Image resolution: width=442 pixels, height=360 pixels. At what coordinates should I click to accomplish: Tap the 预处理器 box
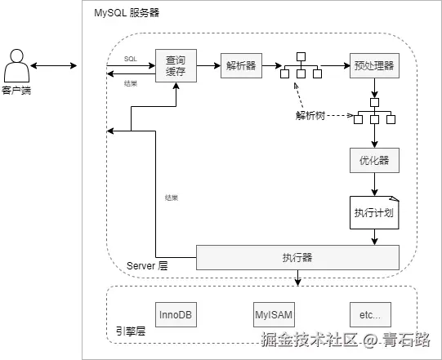(374, 65)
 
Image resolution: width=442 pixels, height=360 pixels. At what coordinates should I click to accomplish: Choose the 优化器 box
(374, 160)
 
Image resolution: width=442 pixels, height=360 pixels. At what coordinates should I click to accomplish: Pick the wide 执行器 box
(297, 257)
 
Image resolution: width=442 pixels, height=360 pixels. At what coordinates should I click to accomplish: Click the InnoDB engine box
(176, 314)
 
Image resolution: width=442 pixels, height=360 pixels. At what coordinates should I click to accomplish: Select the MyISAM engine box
(274, 314)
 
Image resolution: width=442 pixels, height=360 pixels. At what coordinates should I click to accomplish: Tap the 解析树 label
(310, 115)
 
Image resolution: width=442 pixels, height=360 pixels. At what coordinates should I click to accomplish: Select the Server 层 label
(147, 266)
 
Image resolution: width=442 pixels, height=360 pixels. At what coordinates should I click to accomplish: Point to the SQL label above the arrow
(131, 59)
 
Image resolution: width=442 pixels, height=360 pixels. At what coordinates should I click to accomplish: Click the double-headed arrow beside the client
(55, 65)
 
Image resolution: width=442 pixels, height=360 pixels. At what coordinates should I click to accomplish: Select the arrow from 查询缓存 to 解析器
(208, 65)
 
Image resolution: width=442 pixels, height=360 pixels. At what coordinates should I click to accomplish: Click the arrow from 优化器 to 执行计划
(374, 184)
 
